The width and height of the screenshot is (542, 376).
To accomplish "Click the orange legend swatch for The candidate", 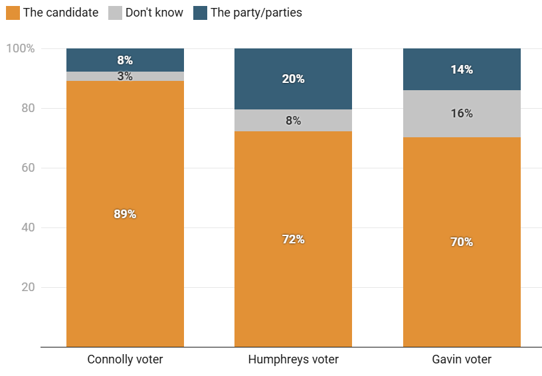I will (x=13, y=13).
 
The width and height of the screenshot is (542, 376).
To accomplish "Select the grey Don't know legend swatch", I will (x=115, y=13).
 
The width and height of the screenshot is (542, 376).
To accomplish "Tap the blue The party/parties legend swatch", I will (x=200, y=13).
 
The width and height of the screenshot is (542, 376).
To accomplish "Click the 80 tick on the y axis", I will (x=27, y=108).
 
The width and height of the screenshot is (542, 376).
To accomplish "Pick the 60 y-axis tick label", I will (x=27, y=168).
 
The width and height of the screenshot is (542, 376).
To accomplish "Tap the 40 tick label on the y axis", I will (x=27, y=227).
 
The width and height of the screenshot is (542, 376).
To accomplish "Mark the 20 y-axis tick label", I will (x=27, y=287).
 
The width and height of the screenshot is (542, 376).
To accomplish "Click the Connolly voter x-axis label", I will (x=125, y=359).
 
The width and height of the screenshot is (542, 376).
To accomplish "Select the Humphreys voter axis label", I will (x=293, y=359).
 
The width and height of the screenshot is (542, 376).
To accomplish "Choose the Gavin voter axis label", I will (x=462, y=359).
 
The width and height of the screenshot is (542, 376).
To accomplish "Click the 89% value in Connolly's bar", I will (x=125, y=214).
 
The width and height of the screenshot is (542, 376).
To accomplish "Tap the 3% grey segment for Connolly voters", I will (x=125, y=76).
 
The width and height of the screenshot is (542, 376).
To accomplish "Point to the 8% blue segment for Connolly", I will (x=125, y=60).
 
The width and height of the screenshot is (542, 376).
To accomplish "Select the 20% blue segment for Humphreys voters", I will (x=293, y=79).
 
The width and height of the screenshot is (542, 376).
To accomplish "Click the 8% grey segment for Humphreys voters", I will (x=293, y=121).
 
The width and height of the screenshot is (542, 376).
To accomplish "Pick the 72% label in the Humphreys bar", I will (x=293, y=239).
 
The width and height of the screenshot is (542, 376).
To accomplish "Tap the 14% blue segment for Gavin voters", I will (x=462, y=70).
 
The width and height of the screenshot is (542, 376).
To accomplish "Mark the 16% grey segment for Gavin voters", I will (x=462, y=113).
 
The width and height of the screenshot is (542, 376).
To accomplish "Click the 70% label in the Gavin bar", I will (x=462, y=242).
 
